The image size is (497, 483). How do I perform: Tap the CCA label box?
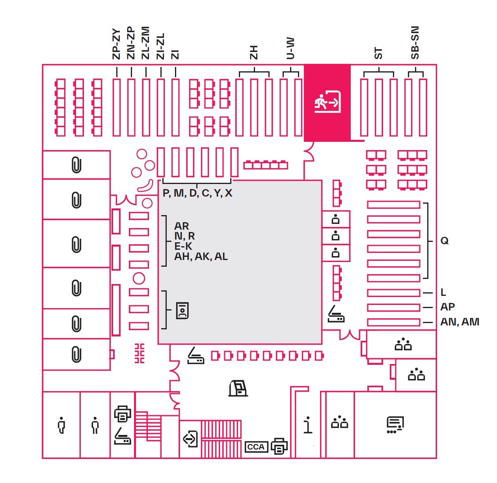point(256,447)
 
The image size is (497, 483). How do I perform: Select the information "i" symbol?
point(308,425)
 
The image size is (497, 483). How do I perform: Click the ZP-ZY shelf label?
point(116,44)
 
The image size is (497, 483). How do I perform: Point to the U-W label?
point(290,48)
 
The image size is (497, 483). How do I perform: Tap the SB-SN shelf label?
point(415,43)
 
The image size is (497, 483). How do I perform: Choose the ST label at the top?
point(378,53)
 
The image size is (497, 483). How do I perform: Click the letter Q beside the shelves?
point(444,241)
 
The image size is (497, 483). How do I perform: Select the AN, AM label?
point(460,322)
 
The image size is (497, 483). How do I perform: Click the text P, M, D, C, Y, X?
point(197,193)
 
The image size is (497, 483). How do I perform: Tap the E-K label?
point(183,246)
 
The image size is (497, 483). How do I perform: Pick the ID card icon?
point(182,310)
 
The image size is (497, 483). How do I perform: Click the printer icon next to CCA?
point(279,446)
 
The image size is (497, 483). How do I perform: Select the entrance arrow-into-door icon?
point(191,438)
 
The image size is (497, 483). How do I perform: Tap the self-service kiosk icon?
point(238,388)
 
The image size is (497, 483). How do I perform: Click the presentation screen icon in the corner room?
point(395,425)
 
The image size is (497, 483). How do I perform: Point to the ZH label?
point(254,52)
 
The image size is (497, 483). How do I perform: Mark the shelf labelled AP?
point(393,307)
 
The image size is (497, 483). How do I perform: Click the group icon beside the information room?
point(339,423)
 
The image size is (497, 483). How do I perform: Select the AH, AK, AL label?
point(201,256)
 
